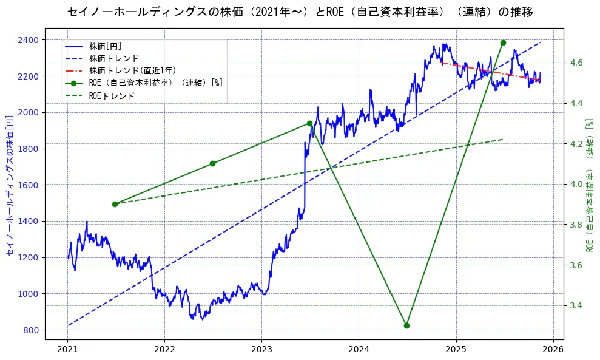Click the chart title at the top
(300, 12)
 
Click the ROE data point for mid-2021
(115, 204)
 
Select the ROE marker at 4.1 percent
(212, 163)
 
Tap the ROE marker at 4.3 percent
(309, 123)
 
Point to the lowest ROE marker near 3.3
(406, 325)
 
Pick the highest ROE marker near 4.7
(503, 42)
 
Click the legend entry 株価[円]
(105, 46)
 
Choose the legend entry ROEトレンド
(112, 95)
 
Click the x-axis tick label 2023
(261, 349)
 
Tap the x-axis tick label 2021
(67, 349)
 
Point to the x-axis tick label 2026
(553, 349)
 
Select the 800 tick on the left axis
(30, 330)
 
